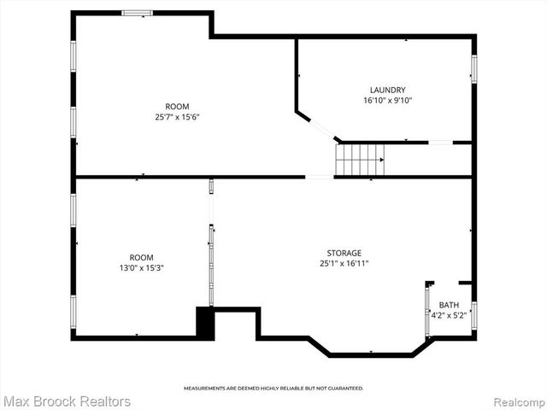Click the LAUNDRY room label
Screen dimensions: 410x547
click(387, 90)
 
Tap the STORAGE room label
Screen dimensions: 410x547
click(344, 253)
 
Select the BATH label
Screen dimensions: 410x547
click(449, 305)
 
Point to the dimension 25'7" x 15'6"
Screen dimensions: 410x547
click(178, 116)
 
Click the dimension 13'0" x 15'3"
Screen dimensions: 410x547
click(141, 267)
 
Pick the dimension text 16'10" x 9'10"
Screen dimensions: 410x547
click(387, 100)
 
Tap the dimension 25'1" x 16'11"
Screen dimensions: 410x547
click(344, 263)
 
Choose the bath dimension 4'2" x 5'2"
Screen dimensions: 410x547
click(449, 315)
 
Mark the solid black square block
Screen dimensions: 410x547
click(205, 323)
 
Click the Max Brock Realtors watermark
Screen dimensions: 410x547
click(67, 401)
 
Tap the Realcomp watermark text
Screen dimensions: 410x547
click(515, 401)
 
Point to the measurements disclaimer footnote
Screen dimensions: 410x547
click(273, 388)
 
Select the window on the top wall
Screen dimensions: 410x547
click(137, 13)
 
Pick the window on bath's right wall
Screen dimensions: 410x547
click(473, 314)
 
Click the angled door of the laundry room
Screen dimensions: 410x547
click(321, 128)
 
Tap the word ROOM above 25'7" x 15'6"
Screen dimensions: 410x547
click(178, 106)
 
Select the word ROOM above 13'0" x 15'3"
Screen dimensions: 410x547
click(141, 257)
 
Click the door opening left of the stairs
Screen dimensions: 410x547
click(319, 177)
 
